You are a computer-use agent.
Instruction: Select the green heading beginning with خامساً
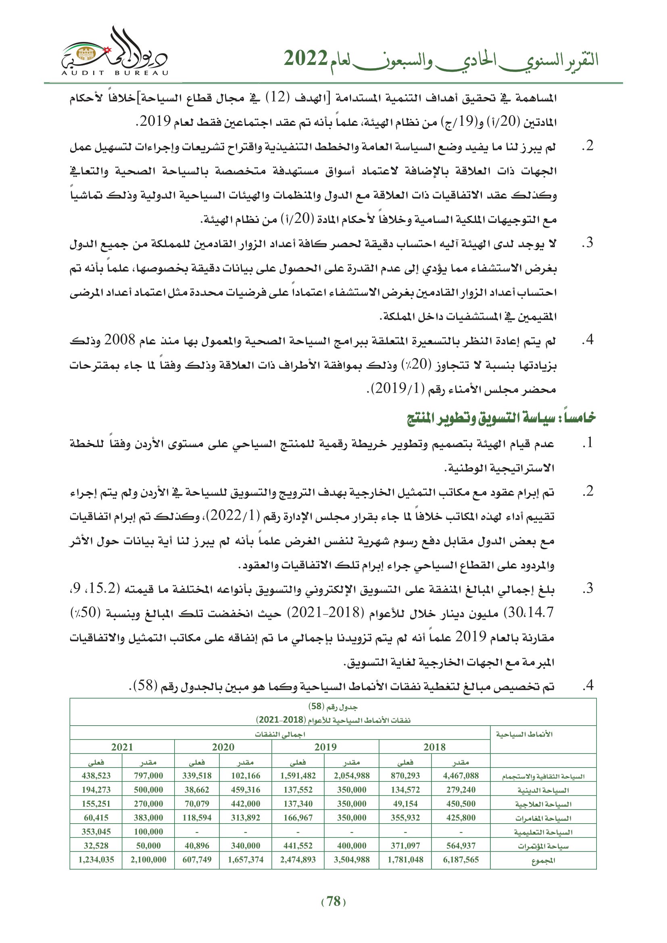[x=501, y=418]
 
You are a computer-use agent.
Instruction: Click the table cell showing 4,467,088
[x=461, y=775]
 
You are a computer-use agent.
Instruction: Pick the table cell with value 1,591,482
[x=298, y=775]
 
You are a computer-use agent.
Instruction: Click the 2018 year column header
[x=434, y=747]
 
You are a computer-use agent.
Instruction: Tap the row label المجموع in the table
[x=543, y=860]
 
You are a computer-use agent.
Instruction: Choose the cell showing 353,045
[x=96, y=832]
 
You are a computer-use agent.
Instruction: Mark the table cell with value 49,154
[x=405, y=804]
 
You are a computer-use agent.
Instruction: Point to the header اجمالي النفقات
[x=280, y=734]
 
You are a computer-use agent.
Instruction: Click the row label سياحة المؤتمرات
[x=543, y=846]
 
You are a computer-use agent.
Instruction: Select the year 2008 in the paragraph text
[x=119, y=340]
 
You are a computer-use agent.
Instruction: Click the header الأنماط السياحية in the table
[x=524, y=734]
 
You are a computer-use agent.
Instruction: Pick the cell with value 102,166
[x=245, y=775]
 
